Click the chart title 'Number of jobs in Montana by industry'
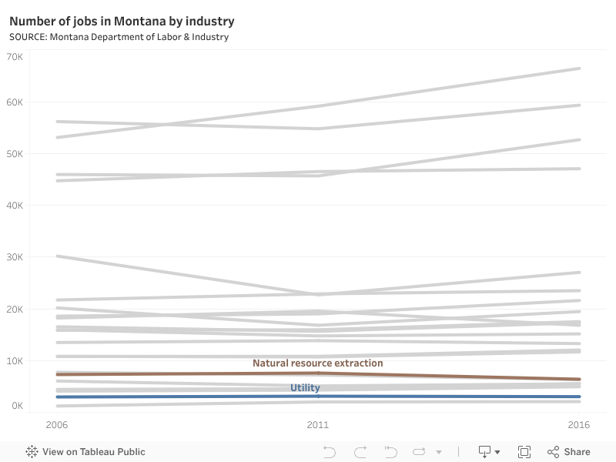tap(122, 21)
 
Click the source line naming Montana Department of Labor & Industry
tap(119, 37)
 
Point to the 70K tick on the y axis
tap(15, 57)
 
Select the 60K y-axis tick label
tap(15, 102)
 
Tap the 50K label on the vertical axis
tap(15, 154)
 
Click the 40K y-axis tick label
tap(15, 206)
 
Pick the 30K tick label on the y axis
tap(15, 257)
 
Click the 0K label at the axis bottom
tap(17, 406)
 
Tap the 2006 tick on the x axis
tap(57, 424)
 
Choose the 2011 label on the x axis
tap(318, 424)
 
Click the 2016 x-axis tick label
tap(579, 424)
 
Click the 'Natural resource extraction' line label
tap(317, 363)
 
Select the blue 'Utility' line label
tap(305, 388)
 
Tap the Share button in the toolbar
tap(569, 452)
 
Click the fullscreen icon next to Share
tap(524, 452)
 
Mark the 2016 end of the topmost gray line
tap(579, 69)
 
